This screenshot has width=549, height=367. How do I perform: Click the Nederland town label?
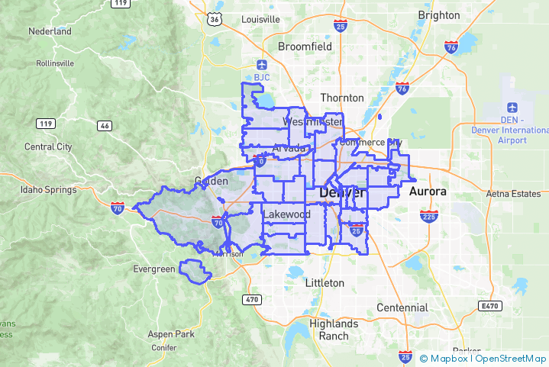(50, 32)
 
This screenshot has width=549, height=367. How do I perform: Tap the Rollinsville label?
(49, 63)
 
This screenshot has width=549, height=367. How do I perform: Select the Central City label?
(48, 146)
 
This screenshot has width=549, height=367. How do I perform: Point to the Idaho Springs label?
(50, 189)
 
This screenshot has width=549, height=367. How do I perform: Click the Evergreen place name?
(154, 269)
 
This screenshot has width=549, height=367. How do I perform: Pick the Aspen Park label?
(172, 334)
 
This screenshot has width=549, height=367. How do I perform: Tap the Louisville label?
(260, 19)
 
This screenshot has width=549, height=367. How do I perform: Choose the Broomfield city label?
(305, 47)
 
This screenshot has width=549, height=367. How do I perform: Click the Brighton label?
(439, 15)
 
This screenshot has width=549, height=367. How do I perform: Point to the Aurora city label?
(428, 191)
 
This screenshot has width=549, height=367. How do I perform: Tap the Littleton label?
(325, 283)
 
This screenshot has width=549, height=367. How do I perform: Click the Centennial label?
(402, 307)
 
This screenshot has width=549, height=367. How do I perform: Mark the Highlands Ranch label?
(329, 330)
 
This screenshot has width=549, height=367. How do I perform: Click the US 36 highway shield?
(215, 19)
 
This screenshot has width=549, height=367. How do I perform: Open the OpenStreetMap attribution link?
(511, 358)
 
